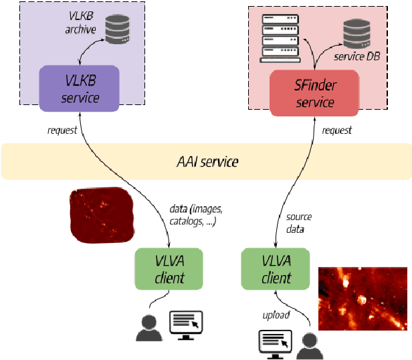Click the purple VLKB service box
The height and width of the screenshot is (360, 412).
point(80,89)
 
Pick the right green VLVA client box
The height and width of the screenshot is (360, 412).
point(276,269)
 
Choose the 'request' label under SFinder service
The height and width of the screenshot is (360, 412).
point(336,130)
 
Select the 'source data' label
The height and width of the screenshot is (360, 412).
point(298,223)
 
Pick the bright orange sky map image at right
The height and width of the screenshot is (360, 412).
point(362,298)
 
